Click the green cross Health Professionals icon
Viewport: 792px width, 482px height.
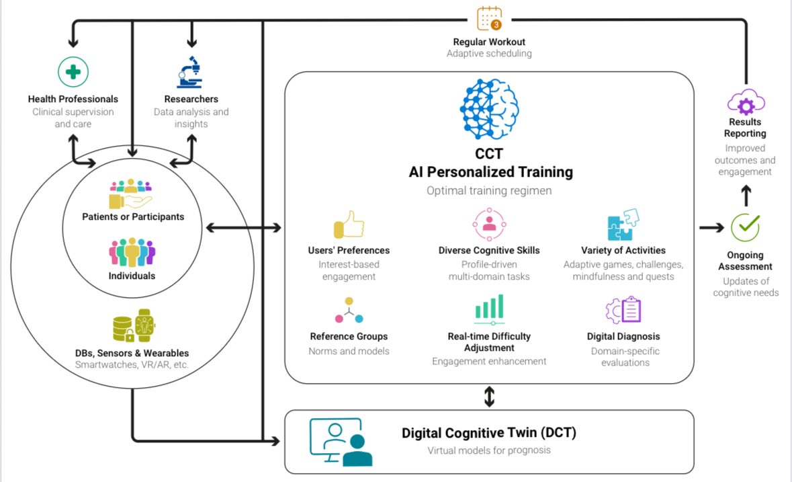point(73,72)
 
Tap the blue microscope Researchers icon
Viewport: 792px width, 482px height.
point(191,73)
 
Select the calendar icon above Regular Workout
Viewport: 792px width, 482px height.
point(489,18)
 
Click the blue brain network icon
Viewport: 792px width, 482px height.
point(490,109)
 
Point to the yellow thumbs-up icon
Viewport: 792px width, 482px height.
point(348,225)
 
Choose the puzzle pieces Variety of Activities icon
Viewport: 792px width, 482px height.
point(623,225)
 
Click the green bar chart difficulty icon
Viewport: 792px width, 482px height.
point(489,310)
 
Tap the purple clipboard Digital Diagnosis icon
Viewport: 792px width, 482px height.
point(623,310)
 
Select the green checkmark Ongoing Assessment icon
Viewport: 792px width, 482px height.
point(745,228)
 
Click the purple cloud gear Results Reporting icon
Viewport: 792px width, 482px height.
point(746,102)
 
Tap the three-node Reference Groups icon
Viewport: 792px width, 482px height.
point(349,310)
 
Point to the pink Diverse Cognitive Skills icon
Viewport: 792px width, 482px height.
point(489,224)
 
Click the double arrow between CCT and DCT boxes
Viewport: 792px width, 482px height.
point(489,397)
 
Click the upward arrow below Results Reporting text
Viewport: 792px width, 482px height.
point(746,194)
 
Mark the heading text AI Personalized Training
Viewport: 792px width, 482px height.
point(490,172)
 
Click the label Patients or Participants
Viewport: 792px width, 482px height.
point(133,216)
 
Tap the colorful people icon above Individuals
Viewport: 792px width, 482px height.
point(132,251)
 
